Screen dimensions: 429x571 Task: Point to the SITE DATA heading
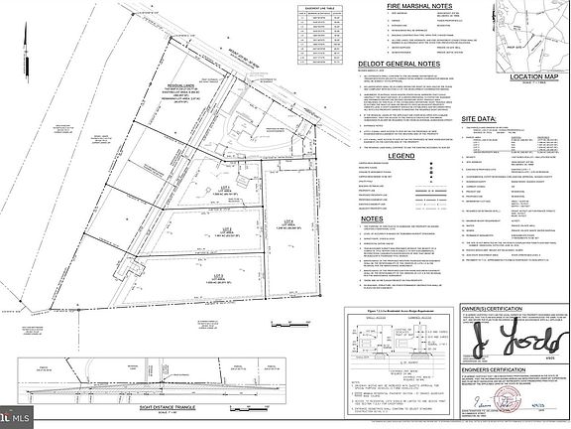[484, 117]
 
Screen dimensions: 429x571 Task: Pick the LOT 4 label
[288, 219]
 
